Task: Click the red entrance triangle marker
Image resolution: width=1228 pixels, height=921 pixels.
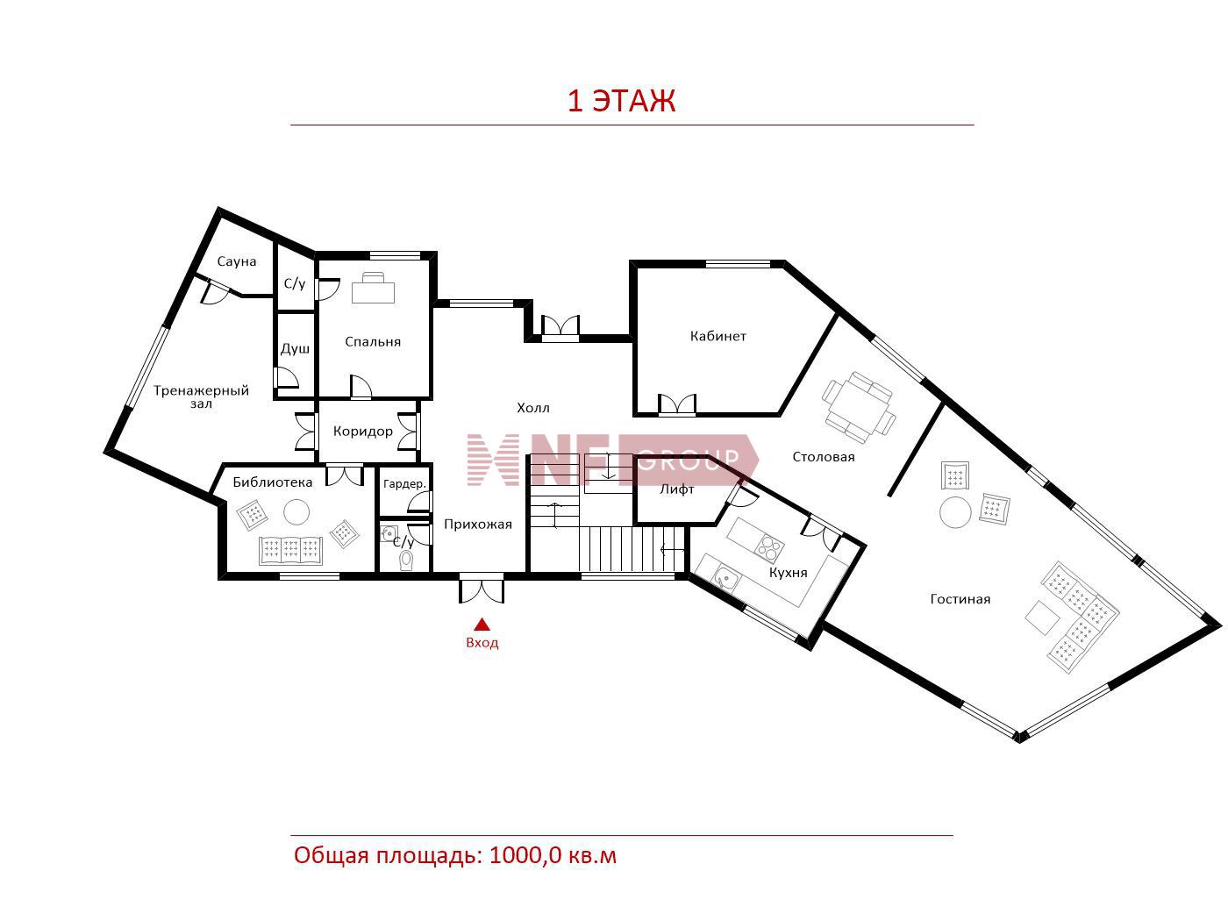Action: pyautogui.click(x=482, y=624)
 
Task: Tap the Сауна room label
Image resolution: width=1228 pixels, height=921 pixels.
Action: pyautogui.click(x=237, y=261)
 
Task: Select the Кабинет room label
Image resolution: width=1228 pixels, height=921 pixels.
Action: pyautogui.click(x=718, y=336)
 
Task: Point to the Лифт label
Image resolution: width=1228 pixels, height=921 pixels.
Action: pyautogui.click(x=677, y=489)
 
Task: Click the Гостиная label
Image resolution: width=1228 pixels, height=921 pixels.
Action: pyautogui.click(x=960, y=599)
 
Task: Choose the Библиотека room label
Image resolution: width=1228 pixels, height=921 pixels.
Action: pyautogui.click(x=273, y=482)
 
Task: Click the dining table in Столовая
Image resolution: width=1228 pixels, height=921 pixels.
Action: pyautogui.click(x=859, y=408)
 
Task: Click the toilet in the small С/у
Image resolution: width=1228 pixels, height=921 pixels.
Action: pyautogui.click(x=407, y=560)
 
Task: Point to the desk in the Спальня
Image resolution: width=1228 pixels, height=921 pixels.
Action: pyautogui.click(x=373, y=289)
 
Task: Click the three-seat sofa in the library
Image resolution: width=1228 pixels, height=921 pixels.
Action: pyautogui.click(x=291, y=550)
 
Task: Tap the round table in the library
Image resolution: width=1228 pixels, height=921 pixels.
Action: pyautogui.click(x=296, y=511)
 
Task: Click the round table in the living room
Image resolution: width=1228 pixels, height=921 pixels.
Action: pyautogui.click(x=955, y=512)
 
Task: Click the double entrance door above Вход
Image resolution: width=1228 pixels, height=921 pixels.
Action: pyautogui.click(x=482, y=590)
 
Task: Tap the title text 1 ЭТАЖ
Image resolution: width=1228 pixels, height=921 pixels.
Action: pyautogui.click(x=622, y=101)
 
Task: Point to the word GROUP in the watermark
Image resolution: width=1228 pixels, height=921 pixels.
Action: pyautogui.click(x=689, y=458)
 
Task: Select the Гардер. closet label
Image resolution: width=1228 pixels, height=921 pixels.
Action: pyautogui.click(x=404, y=483)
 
